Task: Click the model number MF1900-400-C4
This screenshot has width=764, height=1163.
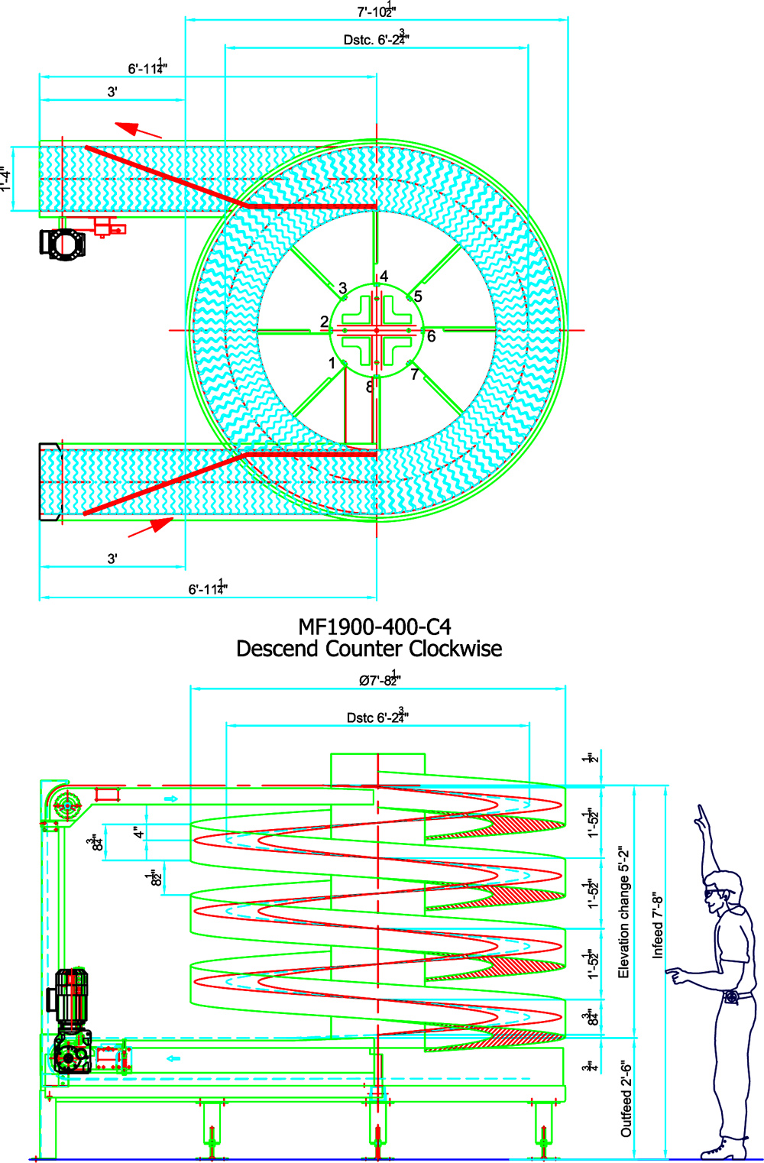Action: click(374, 627)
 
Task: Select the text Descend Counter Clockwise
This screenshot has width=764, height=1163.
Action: click(369, 650)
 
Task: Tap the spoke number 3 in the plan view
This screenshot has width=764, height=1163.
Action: click(343, 288)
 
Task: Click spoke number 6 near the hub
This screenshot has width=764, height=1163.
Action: click(431, 336)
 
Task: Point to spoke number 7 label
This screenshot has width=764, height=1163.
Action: click(415, 374)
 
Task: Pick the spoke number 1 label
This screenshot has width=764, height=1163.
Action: click(332, 363)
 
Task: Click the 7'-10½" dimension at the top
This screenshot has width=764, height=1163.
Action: click(376, 11)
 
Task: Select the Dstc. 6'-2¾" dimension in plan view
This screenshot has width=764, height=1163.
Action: click(376, 39)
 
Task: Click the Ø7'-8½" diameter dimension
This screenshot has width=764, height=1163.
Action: click(380, 679)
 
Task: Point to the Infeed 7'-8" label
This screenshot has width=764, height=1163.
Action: click(657, 924)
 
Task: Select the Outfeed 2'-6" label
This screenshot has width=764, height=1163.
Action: click(626, 1099)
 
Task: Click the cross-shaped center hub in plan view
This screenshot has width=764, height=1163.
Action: click(377, 330)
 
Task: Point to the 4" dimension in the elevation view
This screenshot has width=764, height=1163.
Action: click(139, 832)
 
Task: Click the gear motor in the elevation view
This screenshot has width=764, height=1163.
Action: click(72, 1020)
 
